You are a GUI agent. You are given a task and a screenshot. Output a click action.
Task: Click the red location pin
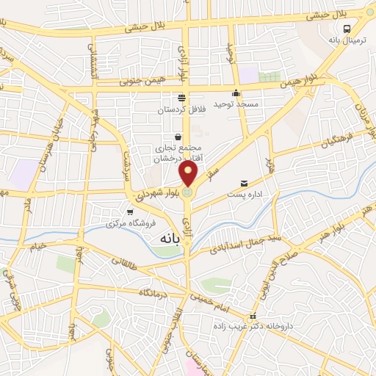click(189, 174)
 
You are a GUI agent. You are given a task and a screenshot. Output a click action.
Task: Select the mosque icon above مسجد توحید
click(236, 93)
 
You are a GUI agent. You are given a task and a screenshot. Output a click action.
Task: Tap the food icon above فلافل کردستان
click(181, 98)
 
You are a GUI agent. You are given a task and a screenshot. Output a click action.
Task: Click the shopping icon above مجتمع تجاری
click(178, 137)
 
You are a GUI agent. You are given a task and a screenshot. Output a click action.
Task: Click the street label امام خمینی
click(211, 294)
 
